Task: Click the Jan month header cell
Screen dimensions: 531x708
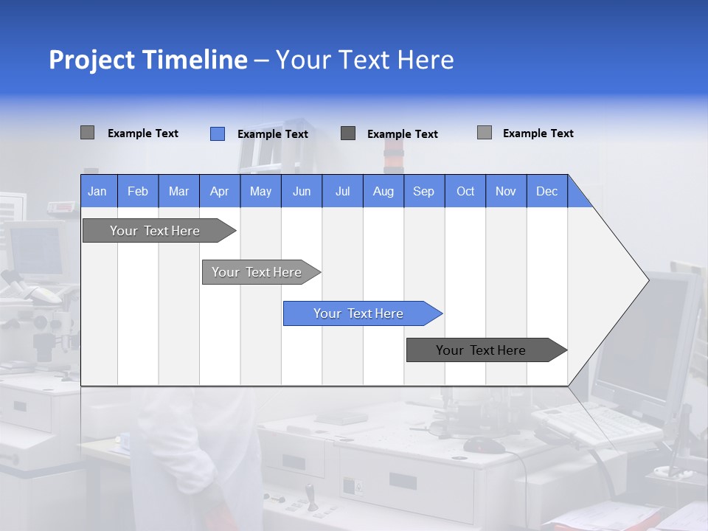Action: (x=97, y=191)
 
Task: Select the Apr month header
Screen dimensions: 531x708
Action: (x=219, y=191)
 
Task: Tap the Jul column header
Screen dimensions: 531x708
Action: (x=342, y=191)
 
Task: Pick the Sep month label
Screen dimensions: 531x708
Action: (x=423, y=191)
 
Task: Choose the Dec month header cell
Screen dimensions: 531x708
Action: (x=546, y=191)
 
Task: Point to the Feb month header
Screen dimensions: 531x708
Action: (x=138, y=191)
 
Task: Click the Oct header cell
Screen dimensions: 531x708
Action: (x=465, y=191)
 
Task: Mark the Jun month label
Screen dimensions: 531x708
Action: (x=302, y=191)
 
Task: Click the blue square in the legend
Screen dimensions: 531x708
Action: (x=217, y=133)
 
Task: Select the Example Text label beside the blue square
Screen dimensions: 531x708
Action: (x=272, y=133)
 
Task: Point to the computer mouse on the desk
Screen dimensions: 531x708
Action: (x=484, y=445)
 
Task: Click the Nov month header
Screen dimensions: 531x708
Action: (x=506, y=191)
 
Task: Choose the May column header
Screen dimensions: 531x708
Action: (x=260, y=191)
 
